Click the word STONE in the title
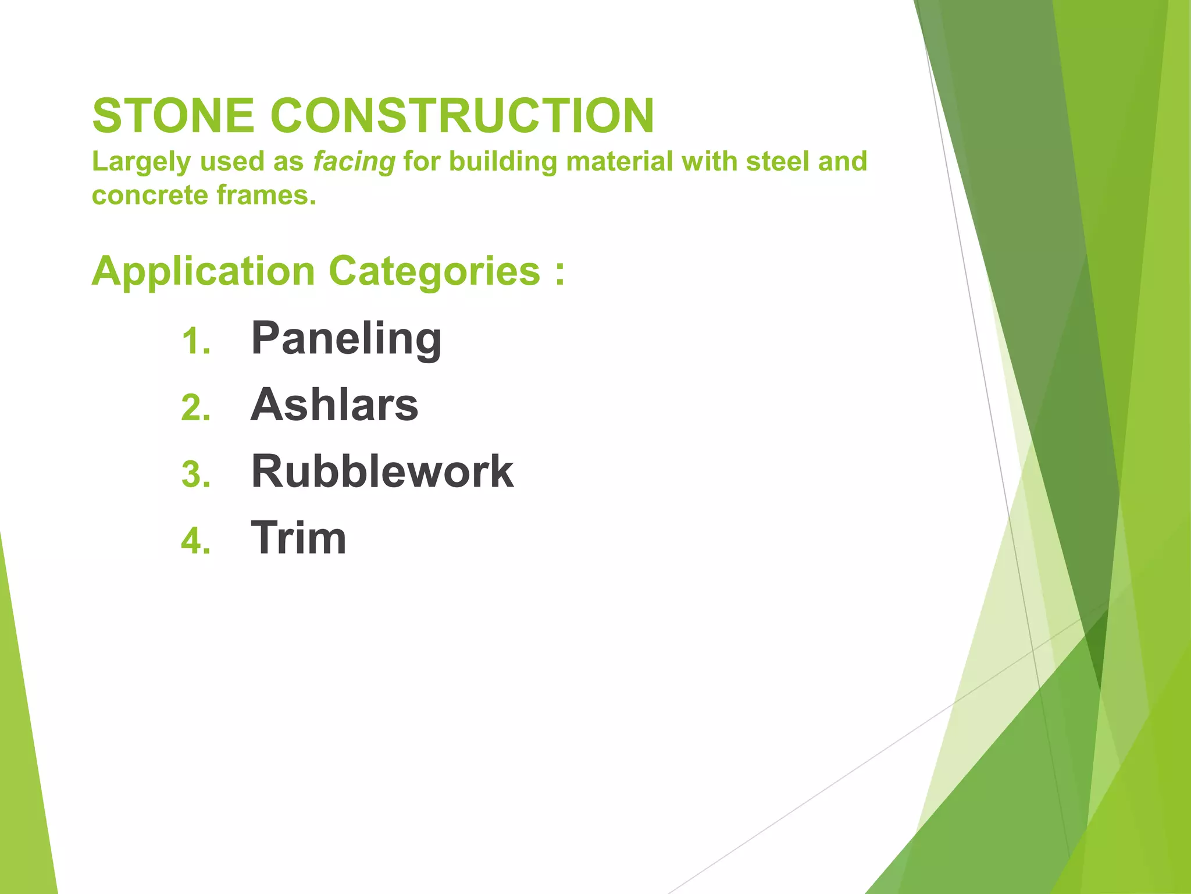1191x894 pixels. click(173, 116)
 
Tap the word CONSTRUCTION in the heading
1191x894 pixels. click(462, 116)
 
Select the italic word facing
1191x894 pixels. click(354, 162)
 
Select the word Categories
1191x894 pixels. click(434, 272)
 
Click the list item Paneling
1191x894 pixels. click(346, 339)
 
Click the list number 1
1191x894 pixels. click(195, 342)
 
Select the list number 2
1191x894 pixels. click(195, 408)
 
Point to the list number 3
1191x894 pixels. click(195, 474)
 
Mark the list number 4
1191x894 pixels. click(195, 541)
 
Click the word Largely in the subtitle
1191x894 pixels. click(141, 162)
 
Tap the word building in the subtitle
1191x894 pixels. click(502, 162)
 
